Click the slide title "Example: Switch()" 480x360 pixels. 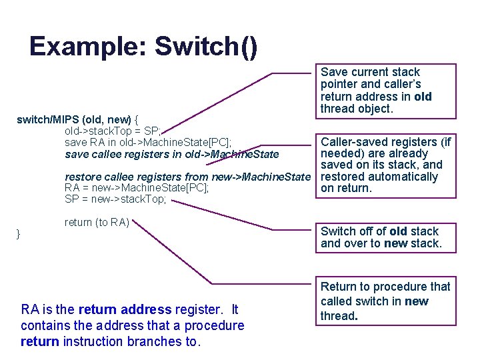143,47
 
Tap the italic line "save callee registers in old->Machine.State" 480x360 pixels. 172,155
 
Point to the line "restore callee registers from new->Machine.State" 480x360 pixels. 187,177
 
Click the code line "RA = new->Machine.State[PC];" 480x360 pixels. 137,188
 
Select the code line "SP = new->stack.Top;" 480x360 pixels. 115,199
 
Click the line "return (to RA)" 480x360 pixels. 97,222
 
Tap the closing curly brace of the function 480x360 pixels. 19,234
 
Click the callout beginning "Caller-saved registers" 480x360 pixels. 385,165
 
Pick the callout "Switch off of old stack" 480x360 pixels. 385,237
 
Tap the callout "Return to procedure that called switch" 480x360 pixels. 385,301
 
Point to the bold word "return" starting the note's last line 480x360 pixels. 40,341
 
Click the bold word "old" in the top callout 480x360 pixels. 423,97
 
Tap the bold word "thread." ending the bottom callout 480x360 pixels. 339,316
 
